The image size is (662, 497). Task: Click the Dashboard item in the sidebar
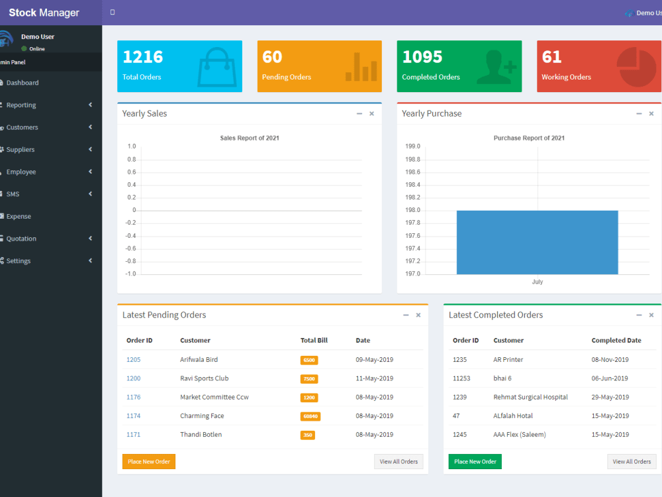[23, 83]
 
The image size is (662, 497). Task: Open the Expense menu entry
[19, 216]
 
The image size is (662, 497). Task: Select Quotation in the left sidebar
[21, 239]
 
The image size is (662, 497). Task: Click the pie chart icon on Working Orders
[636, 66]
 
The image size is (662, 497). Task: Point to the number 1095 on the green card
[422, 57]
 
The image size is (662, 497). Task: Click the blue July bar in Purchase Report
[537, 242]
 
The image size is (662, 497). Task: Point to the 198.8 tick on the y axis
[412, 160]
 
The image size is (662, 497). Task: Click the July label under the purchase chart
[537, 282]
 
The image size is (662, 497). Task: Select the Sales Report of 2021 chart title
[250, 138]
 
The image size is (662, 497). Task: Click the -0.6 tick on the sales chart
[130, 248]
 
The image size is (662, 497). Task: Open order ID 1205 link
[133, 360]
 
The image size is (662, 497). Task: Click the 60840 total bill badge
[310, 416]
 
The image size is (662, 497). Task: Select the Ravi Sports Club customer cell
[204, 378]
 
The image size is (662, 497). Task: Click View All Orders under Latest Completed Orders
[632, 462]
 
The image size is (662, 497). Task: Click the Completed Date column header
[616, 341]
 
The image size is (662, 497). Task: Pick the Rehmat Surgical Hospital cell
[530, 398]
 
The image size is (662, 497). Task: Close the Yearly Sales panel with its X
[371, 114]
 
